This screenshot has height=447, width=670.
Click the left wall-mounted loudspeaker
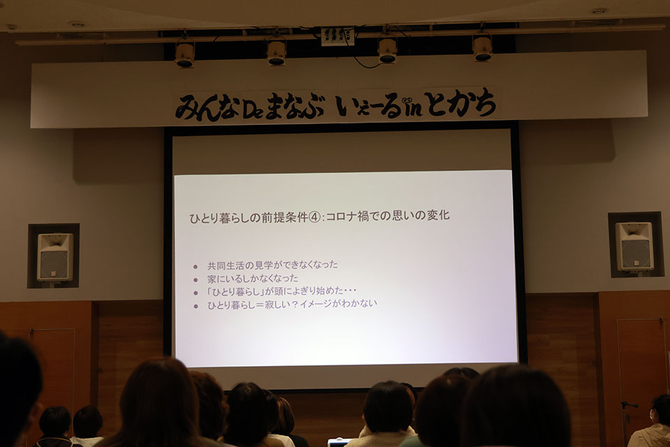[54, 256]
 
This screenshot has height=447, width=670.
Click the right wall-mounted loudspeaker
[634, 246]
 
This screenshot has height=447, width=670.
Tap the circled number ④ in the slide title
[315, 216]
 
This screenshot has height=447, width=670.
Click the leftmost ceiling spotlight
[185, 54]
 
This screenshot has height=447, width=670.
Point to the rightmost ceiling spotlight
[482, 47]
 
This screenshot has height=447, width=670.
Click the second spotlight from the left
[276, 52]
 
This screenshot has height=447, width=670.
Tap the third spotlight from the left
[387, 50]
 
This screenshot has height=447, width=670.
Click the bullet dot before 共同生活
[195, 266]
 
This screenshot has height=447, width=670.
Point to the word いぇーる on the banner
[368, 105]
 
